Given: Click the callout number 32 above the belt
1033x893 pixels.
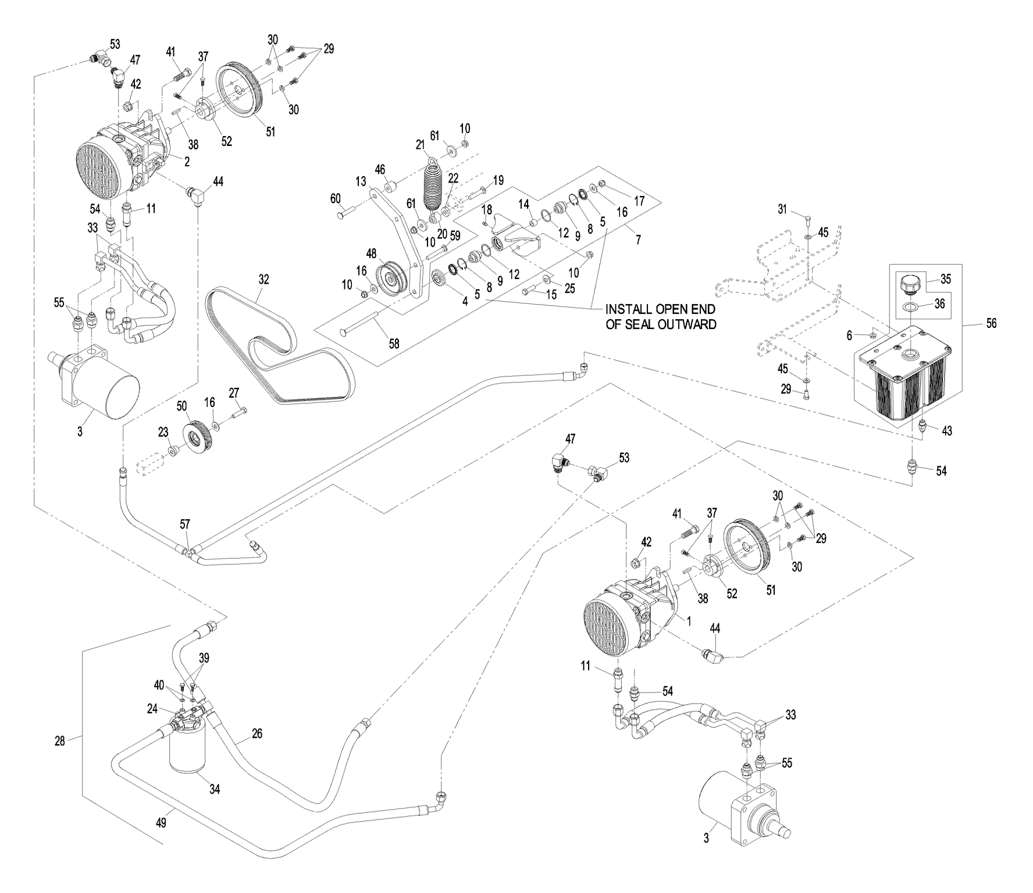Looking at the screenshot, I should pyautogui.click(x=263, y=279).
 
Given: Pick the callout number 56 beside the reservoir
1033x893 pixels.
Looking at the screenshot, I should pyautogui.click(x=991, y=323).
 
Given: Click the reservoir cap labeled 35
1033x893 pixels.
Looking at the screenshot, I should pyautogui.click(x=911, y=286).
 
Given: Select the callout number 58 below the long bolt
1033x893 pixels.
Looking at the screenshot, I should pyautogui.click(x=394, y=344).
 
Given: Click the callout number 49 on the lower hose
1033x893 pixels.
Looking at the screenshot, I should pyautogui.click(x=162, y=823).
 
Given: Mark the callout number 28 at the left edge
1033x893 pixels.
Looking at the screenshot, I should pyautogui.click(x=59, y=741).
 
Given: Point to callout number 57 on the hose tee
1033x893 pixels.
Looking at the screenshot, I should pyautogui.click(x=184, y=524).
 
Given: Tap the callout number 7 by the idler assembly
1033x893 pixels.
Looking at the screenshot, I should pyautogui.click(x=638, y=240).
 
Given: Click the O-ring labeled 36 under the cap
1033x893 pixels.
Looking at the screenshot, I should pyautogui.click(x=911, y=306).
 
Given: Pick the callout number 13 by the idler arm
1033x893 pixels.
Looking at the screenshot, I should pyautogui.click(x=361, y=181).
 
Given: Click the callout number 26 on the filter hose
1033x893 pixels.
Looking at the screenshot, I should pyautogui.click(x=257, y=734).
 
